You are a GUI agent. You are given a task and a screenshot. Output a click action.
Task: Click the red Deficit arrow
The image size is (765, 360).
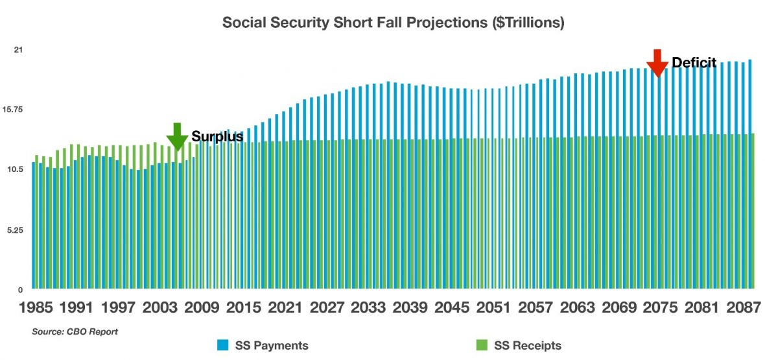pos(657,63)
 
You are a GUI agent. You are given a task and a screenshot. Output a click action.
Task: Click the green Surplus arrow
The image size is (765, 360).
pos(176,137)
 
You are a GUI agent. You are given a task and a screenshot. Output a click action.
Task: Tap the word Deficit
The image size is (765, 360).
pos(694,63)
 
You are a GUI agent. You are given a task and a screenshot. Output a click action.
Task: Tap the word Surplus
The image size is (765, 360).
pos(217,137)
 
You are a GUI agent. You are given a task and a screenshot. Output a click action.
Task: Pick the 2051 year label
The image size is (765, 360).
pos(490,309)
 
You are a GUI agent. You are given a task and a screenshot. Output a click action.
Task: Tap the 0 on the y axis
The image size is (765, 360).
pos(20,289)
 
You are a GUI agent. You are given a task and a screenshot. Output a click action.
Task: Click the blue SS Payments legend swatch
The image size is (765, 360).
pos(222,346)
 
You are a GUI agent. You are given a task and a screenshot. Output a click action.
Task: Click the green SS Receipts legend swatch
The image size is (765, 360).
pos(480,346)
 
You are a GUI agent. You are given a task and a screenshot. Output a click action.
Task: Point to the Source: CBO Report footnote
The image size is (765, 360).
pos(75,332)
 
